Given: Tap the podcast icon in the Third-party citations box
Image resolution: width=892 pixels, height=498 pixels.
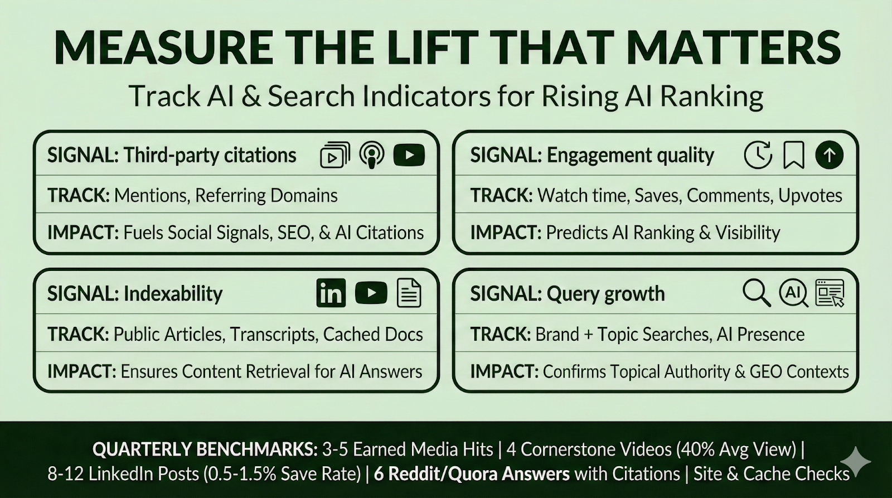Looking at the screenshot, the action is click(372, 155).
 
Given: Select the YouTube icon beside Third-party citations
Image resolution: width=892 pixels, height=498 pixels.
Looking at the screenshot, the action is click(409, 155).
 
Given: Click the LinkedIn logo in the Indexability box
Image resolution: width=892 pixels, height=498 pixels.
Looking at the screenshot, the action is click(331, 293).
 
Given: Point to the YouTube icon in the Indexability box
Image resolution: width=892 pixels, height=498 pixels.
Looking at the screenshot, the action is click(371, 293).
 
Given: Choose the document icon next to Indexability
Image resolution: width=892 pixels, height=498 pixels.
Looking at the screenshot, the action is click(409, 293).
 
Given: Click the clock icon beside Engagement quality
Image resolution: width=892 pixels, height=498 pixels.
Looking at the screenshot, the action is click(758, 155).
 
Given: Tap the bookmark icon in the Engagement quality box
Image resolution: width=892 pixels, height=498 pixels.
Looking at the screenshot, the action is click(794, 155).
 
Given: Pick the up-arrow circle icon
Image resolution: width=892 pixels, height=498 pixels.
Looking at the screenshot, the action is click(829, 155).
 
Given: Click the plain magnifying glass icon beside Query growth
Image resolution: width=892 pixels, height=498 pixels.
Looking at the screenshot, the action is click(757, 293).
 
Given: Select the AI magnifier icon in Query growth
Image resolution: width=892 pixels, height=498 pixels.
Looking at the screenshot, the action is click(794, 293).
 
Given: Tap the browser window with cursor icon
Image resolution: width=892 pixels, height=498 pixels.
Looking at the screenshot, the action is click(830, 293).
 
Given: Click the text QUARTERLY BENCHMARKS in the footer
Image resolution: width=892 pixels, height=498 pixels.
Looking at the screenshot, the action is click(205, 449).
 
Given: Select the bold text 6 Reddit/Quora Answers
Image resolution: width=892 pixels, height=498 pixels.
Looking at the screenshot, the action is click(472, 474).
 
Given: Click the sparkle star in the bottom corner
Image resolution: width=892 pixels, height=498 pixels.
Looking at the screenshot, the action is click(856, 462).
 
